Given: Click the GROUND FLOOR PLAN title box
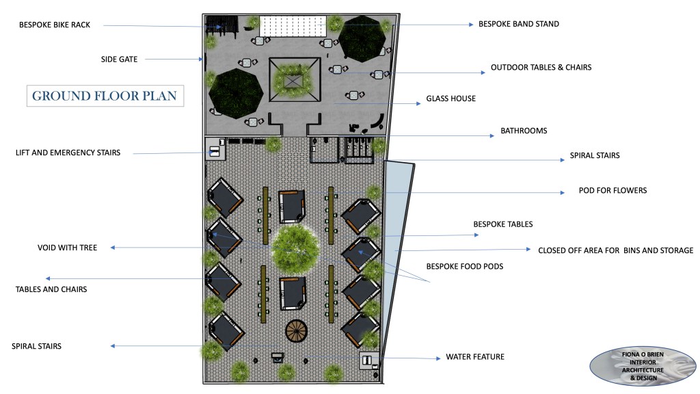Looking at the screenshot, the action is (105, 96).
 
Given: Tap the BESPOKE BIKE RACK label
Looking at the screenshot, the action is (55, 25).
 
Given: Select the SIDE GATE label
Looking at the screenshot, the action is (119, 59).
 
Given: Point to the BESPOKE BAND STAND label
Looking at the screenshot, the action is (519, 24).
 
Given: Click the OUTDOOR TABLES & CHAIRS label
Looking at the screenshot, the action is (541, 68).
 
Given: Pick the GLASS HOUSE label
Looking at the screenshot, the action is (451, 98).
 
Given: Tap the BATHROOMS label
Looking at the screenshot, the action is (524, 131).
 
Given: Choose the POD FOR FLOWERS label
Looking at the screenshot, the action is (613, 190).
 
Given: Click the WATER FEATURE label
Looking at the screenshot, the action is (475, 357).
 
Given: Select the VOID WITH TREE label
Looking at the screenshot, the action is (67, 248).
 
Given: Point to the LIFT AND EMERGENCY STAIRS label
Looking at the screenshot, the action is (68, 153).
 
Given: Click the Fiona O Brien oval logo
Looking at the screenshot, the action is (643, 367).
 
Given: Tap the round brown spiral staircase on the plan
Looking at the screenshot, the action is (297, 331).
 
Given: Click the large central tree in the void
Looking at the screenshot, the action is (295, 248).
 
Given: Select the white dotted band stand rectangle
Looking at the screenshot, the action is (293, 27).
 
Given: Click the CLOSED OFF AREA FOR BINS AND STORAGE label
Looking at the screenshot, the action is (616, 250).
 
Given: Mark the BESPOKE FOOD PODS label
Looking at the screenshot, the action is (465, 267).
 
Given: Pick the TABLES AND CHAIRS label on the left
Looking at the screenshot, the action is (51, 289).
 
